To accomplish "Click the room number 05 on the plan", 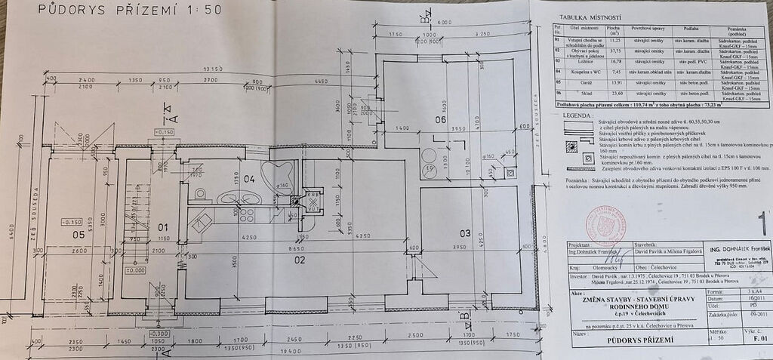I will tap(79, 234).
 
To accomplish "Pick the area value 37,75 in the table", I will tap(614, 52).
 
